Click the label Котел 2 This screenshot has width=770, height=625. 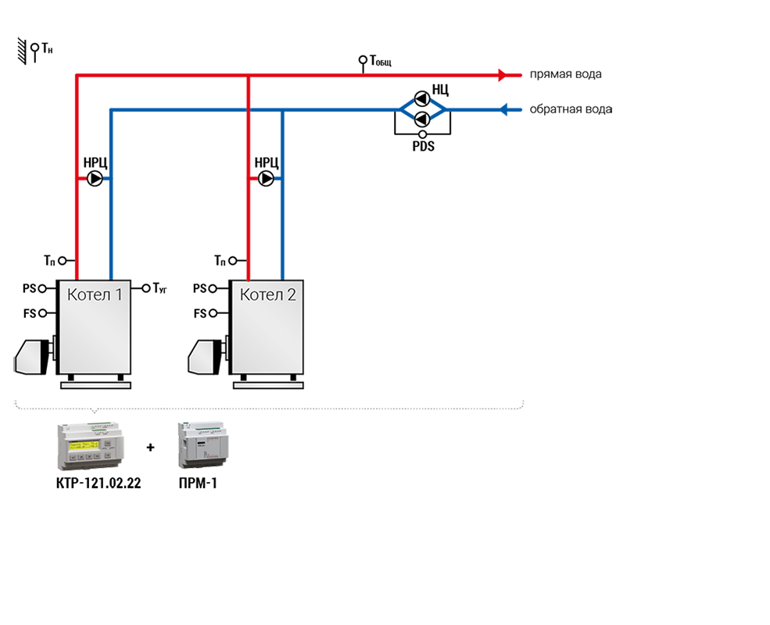[x=267, y=295]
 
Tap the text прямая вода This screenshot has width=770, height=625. [x=565, y=75]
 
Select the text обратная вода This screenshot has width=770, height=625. [x=571, y=109]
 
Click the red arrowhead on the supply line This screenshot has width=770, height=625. [x=504, y=75]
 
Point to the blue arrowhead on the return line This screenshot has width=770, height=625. [x=506, y=109]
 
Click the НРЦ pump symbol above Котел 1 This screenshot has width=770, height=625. [x=95, y=179]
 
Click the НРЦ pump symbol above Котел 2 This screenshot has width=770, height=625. [x=267, y=179]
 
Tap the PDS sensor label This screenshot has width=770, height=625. [x=423, y=145]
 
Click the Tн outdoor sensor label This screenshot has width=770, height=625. [x=47, y=49]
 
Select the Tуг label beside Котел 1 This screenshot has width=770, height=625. [x=159, y=288]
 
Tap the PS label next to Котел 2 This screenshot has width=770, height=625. [x=200, y=288]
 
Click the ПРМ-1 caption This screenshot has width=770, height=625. [x=198, y=484]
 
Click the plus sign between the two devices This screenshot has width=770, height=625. [x=150, y=448]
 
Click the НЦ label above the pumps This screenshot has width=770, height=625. [x=440, y=87]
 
